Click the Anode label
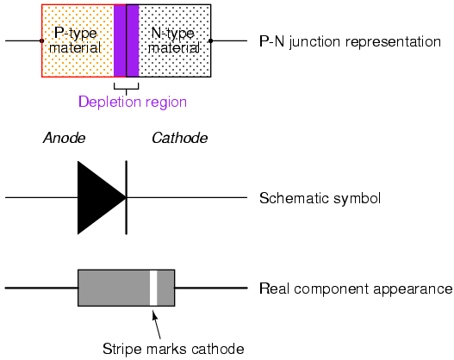(x=65, y=138)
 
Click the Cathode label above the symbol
(x=180, y=138)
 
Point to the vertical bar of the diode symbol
(x=127, y=197)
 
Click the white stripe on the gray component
(x=153, y=288)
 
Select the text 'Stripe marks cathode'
(x=173, y=349)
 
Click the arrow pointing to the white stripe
(x=156, y=325)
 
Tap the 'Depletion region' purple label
(x=133, y=102)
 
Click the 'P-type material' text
(x=75, y=40)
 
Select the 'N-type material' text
(x=174, y=40)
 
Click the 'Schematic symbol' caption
(x=320, y=199)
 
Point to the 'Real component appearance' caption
(x=356, y=289)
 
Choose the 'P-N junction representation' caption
(x=350, y=41)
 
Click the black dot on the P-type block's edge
(x=41, y=40)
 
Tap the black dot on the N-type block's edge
(x=211, y=40)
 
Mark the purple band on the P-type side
(x=120, y=40)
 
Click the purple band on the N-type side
(x=133, y=40)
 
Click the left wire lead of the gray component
(x=41, y=288)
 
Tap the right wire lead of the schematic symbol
(x=187, y=197)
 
